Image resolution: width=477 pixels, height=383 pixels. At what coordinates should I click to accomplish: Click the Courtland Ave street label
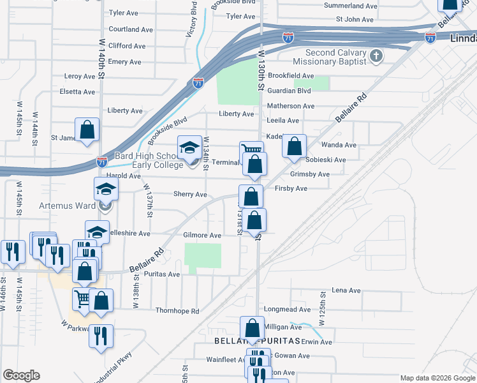[x=131, y=29]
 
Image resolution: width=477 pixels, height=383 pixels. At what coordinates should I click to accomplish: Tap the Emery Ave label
[x=124, y=62]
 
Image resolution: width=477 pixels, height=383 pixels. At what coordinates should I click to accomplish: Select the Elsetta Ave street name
[x=77, y=92]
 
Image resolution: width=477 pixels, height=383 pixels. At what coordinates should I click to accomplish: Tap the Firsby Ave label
[x=291, y=188]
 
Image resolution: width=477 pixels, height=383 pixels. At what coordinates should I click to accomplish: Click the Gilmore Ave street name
[x=202, y=235]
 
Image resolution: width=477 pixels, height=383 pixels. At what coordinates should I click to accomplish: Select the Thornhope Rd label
[x=177, y=312]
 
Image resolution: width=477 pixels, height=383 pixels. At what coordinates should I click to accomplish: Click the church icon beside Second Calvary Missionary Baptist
[x=376, y=56]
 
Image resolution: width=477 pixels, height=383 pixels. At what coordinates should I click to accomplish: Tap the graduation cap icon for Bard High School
[x=189, y=149]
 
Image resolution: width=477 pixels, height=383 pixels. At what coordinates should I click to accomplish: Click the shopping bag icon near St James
[x=87, y=130]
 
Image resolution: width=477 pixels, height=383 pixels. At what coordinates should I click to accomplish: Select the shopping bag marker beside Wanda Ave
[x=294, y=146]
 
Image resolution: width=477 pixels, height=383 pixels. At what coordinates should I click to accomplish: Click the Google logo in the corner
[x=21, y=375]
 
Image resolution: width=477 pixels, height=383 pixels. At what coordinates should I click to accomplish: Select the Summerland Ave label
[x=350, y=6]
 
